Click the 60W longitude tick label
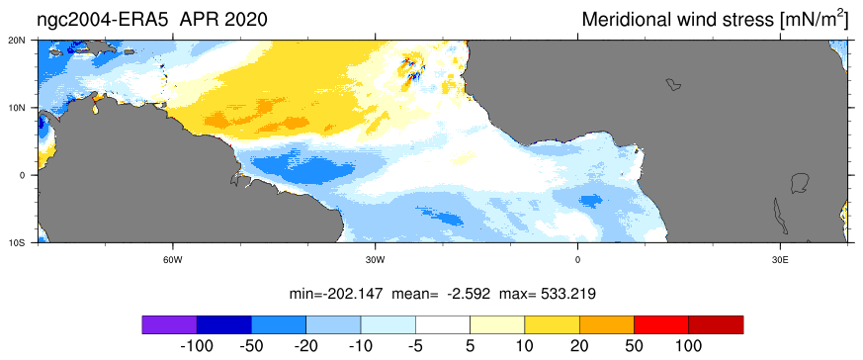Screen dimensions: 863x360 tap(173, 260)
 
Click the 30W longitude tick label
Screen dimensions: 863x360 tap(375, 260)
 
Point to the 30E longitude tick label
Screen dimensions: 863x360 tap(780, 260)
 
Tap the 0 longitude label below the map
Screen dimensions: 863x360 tap(577, 260)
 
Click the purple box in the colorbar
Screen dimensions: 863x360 tap(169, 324)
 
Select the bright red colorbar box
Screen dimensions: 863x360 tap(661, 324)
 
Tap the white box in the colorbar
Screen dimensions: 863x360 tap(443, 324)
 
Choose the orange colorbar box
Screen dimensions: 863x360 tap(607, 324)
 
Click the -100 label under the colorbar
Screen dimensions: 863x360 tap(197, 346)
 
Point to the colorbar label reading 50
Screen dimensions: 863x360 tap(634, 346)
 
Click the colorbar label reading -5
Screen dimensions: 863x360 tap(415, 346)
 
